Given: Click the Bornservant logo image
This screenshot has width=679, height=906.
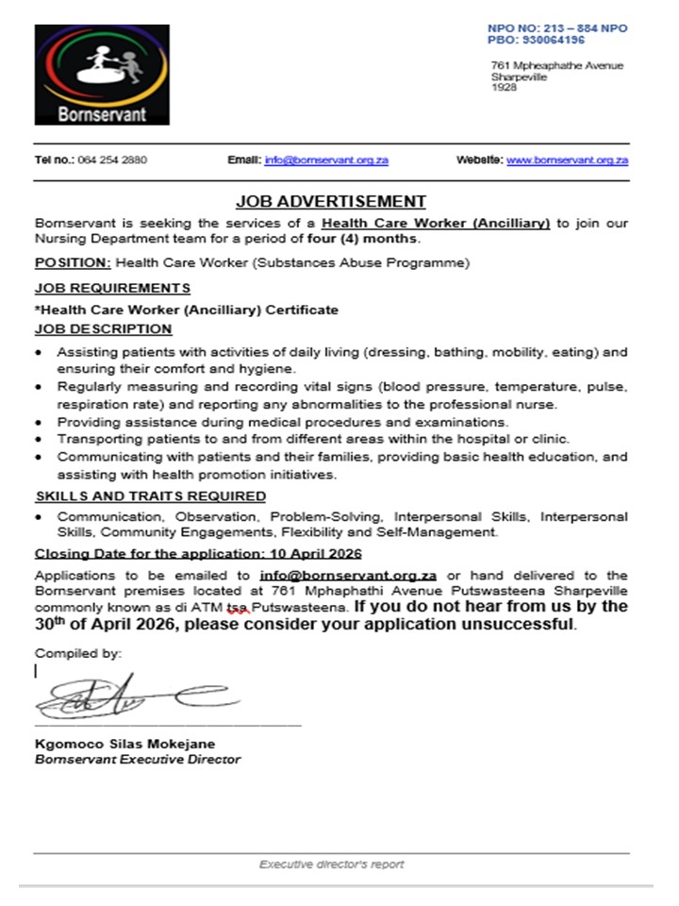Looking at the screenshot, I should click(102, 75).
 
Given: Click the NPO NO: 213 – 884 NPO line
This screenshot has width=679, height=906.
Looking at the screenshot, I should click(556, 28).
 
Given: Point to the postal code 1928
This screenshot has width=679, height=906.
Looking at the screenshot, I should click(505, 89).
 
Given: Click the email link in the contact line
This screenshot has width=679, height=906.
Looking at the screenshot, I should click(326, 160).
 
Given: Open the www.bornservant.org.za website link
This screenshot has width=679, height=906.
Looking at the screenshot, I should click(568, 160).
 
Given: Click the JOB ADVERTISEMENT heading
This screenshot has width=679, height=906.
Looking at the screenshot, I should click(331, 201).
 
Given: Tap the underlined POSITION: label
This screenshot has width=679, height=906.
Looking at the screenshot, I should click(64, 262).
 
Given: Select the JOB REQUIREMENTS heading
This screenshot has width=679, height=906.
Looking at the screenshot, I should click(112, 288).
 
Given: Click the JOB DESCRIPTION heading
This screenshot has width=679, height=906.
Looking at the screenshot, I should click(104, 329).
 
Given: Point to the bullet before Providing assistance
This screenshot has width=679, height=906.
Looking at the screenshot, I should click(38, 422).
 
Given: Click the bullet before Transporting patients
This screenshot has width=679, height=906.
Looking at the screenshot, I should click(38, 439).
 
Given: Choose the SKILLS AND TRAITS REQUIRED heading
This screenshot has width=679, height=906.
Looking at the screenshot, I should click(150, 495).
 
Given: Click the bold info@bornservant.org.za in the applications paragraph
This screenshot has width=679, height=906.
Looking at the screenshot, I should click(347, 575).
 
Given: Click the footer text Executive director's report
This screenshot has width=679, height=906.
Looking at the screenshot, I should click(332, 864).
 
